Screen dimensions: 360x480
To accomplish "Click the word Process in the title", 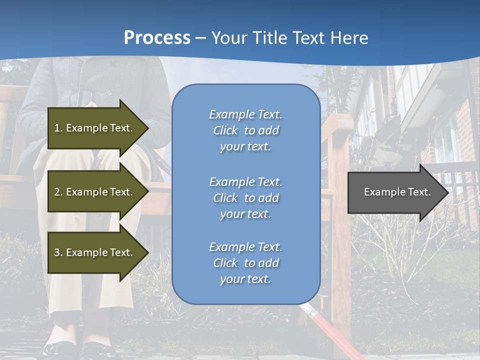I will pyautogui.click(x=157, y=37).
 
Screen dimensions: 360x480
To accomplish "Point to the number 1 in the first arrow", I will pyautogui.click(x=56, y=128).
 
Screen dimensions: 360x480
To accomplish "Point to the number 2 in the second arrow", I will pyautogui.click(x=56, y=192).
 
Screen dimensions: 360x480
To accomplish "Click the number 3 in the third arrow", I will pyautogui.click(x=56, y=252).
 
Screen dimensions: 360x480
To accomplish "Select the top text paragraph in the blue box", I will pyautogui.click(x=245, y=130).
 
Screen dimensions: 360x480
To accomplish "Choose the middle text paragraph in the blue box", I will pyautogui.click(x=245, y=198).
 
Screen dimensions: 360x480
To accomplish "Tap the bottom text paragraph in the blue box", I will pyautogui.click(x=245, y=263).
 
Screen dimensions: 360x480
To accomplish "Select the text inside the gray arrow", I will pyautogui.click(x=397, y=192).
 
